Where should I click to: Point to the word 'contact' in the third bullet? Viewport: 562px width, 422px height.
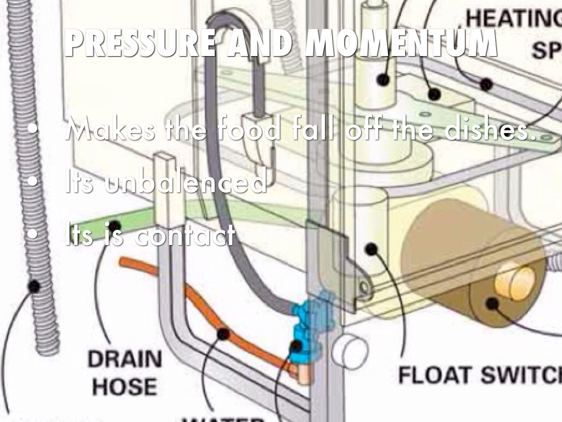184,236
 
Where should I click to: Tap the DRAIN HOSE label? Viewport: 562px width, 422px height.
126,373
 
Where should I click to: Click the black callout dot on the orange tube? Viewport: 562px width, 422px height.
222,334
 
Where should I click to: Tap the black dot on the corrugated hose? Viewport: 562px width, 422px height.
34,286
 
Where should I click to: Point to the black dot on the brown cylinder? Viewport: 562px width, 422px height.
492,303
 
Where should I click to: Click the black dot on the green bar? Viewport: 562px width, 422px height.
114,226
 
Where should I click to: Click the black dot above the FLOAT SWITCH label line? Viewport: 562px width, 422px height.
372,249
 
